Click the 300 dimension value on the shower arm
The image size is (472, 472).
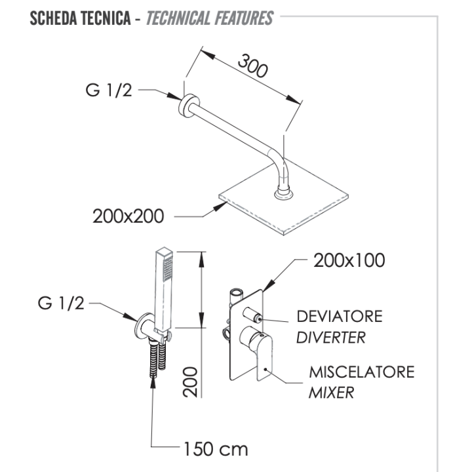pos(252,66)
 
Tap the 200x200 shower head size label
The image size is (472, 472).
pos(128,216)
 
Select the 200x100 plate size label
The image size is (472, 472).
pos(349,260)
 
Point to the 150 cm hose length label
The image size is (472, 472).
pos(216,449)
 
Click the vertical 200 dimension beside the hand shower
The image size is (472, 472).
pos(190,382)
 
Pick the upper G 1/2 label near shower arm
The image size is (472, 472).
pos(109,90)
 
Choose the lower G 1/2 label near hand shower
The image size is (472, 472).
pos(61,303)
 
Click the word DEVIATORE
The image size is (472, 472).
pos(340,317)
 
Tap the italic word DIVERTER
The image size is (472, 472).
pos(331,338)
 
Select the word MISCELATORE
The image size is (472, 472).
pos(362,372)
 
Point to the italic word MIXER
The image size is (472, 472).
pos(331,393)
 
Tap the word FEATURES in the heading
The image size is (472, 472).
pos(244,18)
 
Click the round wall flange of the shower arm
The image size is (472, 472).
pos(187,106)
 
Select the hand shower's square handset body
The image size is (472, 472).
pos(164,289)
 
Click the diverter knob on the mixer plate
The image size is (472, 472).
pos(252,314)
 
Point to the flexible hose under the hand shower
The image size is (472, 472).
pos(158,358)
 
